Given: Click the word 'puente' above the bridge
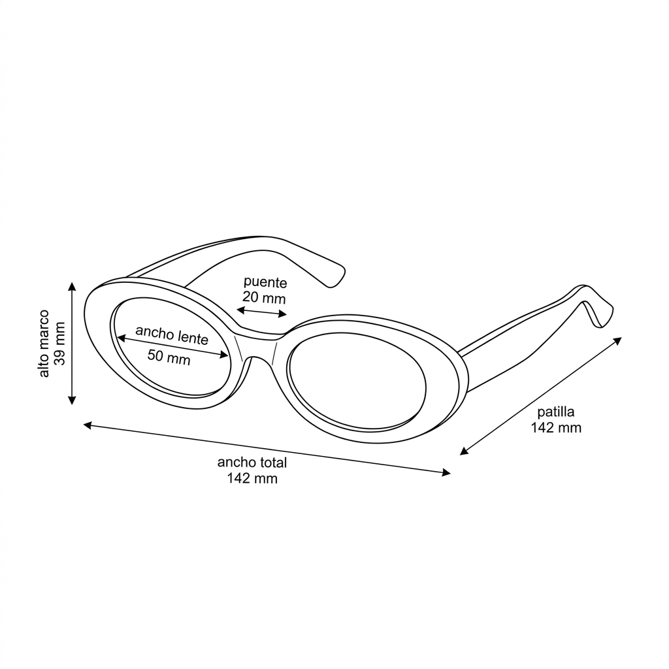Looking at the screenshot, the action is pos(265,282).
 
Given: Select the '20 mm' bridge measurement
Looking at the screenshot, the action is pos(264,297).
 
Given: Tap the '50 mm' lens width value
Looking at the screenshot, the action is pos(169,357).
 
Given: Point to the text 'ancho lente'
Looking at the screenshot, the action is pos(172,335).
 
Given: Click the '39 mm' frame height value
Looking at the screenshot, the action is pos(60,344).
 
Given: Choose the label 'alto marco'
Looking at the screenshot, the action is pos(44,344).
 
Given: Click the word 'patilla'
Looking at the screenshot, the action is pos(555,412).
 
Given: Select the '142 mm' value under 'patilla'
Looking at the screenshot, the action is pos(556,427).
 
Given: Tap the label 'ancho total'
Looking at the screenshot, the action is pos(252,463).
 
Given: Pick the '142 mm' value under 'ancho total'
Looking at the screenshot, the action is pos(252,478).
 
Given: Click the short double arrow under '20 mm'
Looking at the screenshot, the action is pos(262,312).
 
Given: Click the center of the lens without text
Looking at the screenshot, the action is pos(357,381).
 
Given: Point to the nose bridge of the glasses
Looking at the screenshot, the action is pos(257,345).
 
